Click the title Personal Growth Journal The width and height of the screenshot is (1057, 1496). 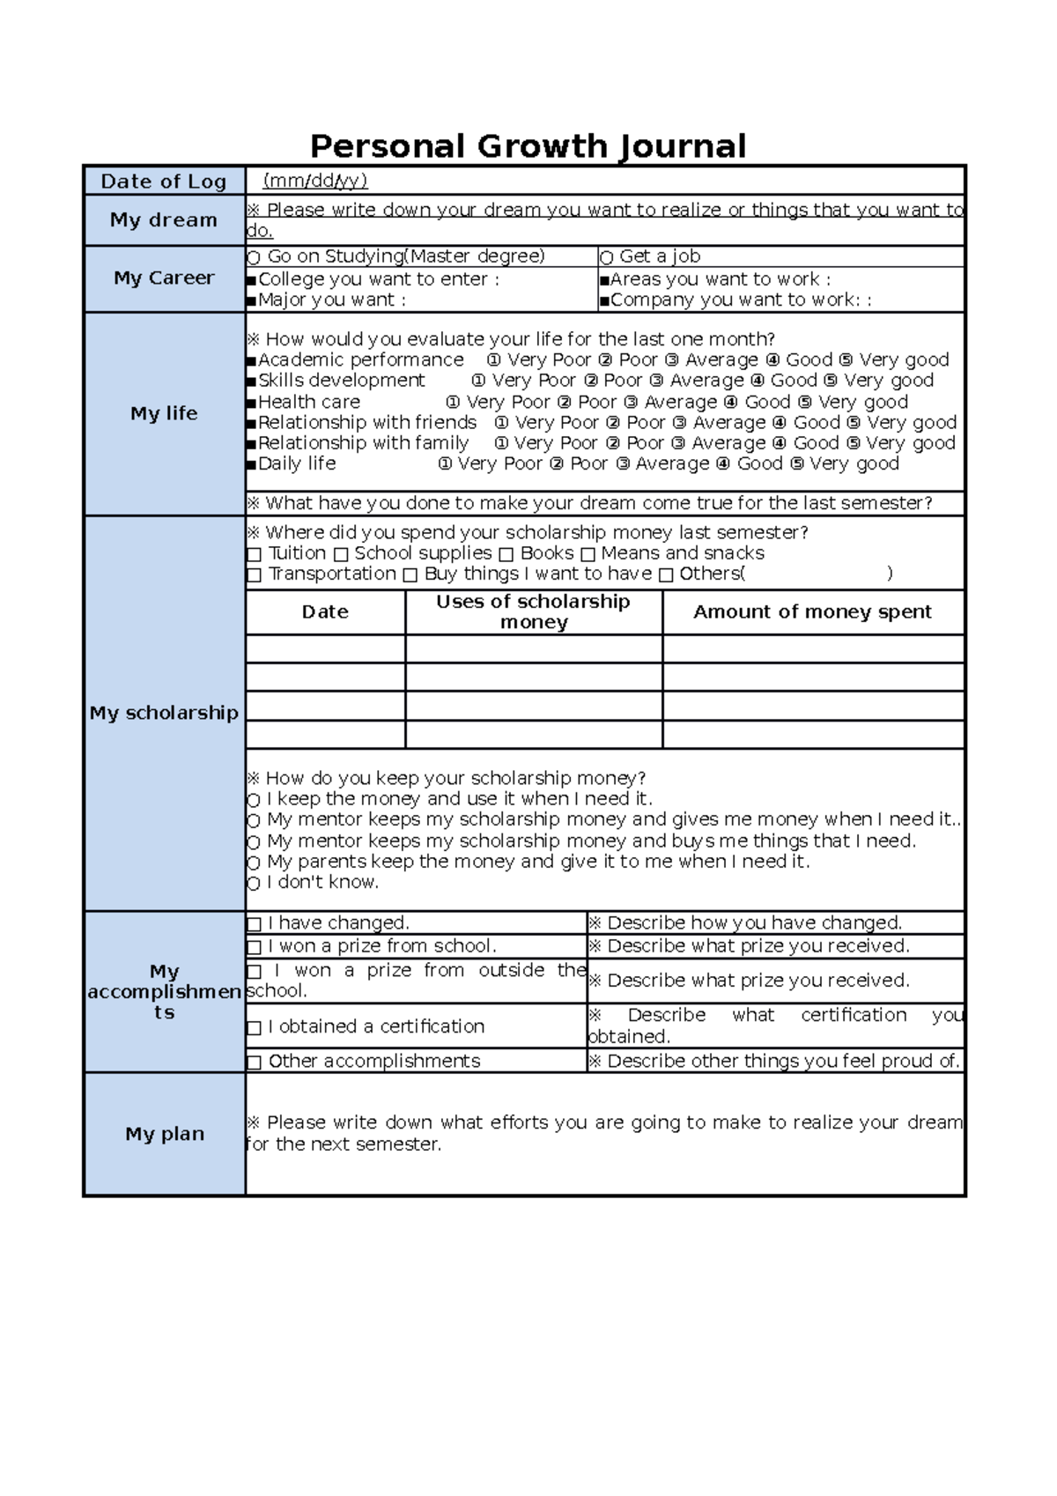tap(528, 145)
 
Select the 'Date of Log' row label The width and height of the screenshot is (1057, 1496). tap(164, 181)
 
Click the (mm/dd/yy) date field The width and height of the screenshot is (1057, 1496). tap(315, 181)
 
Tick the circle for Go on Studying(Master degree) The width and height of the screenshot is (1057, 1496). tap(254, 257)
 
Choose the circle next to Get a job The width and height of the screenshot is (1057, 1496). tap(606, 257)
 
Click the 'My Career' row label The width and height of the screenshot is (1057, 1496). tap(164, 278)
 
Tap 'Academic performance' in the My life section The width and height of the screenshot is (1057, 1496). tap(360, 359)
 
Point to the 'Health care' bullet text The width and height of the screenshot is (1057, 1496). tap(308, 402)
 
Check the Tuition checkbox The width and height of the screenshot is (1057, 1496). tap(255, 554)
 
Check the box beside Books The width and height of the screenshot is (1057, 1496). tap(506, 554)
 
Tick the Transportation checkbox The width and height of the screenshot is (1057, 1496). tap(255, 575)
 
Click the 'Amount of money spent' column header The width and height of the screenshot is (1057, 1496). tap(812, 611)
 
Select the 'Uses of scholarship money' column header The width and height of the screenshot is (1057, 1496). tap(533, 611)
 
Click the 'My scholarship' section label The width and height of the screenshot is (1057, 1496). tap(164, 713)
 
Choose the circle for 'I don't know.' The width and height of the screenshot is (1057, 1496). tap(254, 883)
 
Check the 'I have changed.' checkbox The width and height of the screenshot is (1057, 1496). tap(255, 923)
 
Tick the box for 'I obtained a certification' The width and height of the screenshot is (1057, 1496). tap(255, 1027)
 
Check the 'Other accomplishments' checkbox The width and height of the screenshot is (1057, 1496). tap(255, 1062)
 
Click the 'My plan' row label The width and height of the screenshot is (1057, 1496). tap(164, 1134)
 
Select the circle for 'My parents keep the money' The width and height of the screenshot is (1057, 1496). tap(254, 863)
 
